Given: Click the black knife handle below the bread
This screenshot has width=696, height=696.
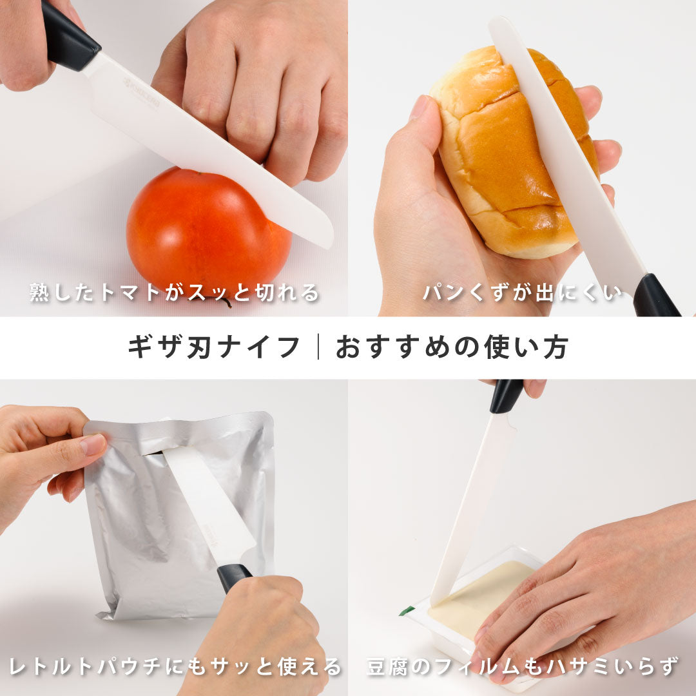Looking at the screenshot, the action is pyautogui.click(x=655, y=296).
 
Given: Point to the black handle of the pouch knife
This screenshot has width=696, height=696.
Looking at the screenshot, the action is pyautogui.click(x=234, y=577).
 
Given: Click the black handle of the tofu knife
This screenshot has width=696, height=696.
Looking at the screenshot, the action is pyautogui.click(x=506, y=396).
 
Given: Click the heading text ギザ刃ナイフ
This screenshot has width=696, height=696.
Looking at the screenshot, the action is pyautogui.click(x=214, y=347).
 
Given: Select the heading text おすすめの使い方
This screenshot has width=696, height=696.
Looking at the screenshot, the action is pyautogui.click(x=451, y=347).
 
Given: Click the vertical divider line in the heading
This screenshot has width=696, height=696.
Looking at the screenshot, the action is pyautogui.click(x=318, y=347).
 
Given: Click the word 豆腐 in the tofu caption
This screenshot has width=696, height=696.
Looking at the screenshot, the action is pyautogui.click(x=386, y=667).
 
